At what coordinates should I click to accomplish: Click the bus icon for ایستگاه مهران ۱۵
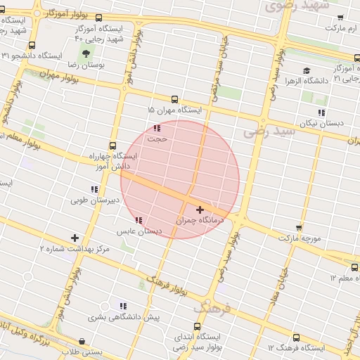[174, 100]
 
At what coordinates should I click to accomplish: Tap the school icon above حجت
[157, 128]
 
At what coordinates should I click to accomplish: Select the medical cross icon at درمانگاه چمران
[200, 210]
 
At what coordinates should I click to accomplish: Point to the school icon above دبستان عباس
[139, 220]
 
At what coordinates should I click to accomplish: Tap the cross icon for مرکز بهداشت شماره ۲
[75, 238]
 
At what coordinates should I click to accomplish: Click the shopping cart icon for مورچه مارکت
[300, 227]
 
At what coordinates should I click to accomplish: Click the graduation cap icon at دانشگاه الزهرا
[307, 70]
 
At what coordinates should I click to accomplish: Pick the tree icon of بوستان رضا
[86, 53]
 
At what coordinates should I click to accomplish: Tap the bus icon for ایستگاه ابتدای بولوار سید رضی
[197, 326]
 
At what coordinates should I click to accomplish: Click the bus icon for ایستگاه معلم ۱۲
[354, 267]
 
